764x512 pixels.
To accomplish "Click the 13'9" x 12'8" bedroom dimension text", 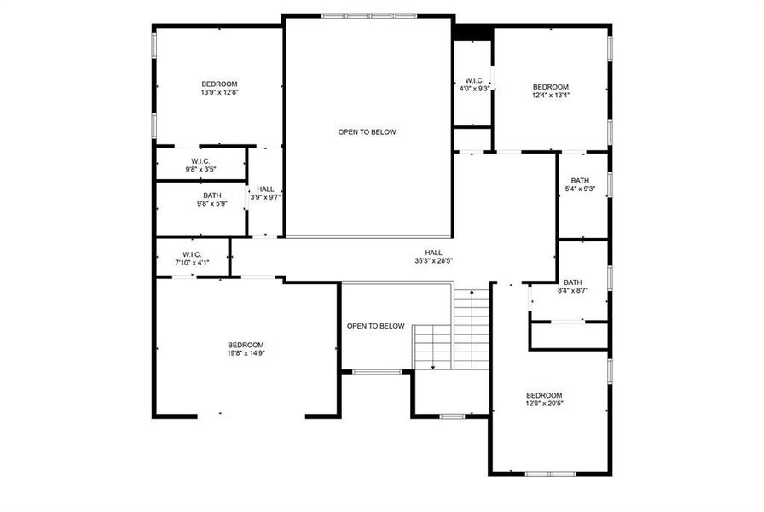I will coord(219,93).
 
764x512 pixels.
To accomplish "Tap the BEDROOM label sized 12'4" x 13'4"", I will coord(550,87).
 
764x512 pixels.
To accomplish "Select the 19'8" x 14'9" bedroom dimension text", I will coord(245,352).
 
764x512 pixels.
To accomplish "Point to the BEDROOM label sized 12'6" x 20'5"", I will coord(543,395).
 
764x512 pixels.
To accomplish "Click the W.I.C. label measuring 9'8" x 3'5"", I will coord(200,161).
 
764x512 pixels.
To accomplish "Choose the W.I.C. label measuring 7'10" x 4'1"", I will coord(191,254).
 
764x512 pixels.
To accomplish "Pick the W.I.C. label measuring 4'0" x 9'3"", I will coord(474,80).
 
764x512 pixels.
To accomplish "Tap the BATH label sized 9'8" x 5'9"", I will coord(200,195).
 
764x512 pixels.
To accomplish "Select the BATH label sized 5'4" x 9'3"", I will coord(580,181).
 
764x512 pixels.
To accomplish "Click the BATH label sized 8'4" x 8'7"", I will coord(572,282).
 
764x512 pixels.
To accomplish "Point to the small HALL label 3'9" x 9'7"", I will coord(265,189).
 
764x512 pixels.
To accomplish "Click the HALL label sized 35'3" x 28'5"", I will coord(434,253).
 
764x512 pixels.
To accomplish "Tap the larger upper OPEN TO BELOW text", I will coord(367,132).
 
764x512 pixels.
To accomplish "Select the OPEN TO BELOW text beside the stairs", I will coord(375,326).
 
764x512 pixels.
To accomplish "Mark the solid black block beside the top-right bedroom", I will coord(472,32).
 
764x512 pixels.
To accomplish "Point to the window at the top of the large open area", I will coord(368,15).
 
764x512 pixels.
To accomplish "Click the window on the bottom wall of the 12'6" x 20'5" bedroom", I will coord(550,474).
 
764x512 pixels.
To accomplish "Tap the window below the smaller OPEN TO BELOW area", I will coord(376,371).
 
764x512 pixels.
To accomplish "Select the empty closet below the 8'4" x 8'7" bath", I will coord(569,335).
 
